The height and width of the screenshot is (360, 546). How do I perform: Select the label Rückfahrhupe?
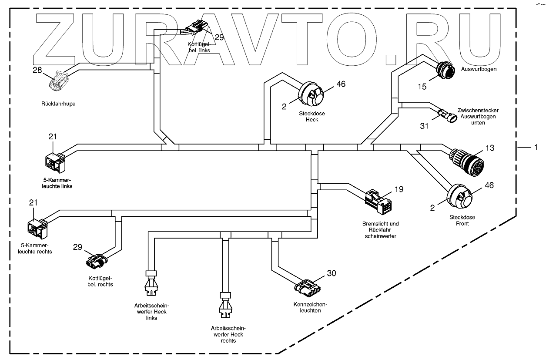tap(58, 104)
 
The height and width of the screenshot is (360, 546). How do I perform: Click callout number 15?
tap(422, 87)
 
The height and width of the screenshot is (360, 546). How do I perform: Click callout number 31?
tap(424, 126)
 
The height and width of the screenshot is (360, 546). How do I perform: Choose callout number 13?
tap(490, 148)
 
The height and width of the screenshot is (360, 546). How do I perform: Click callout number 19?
tap(399, 189)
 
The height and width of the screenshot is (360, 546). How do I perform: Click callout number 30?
tap(331, 273)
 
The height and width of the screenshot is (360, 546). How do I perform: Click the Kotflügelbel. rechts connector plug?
tap(96, 260)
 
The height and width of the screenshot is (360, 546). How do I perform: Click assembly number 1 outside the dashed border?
tap(536, 148)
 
